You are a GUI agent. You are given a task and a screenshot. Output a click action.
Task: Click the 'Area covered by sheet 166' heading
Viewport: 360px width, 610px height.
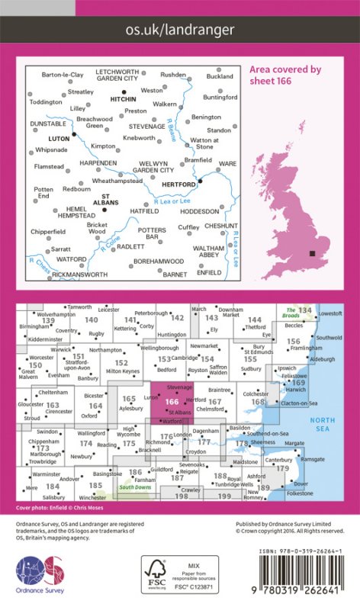[x=286, y=74]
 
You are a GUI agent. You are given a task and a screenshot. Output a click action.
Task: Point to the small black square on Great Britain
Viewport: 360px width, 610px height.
[x=311, y=254]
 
